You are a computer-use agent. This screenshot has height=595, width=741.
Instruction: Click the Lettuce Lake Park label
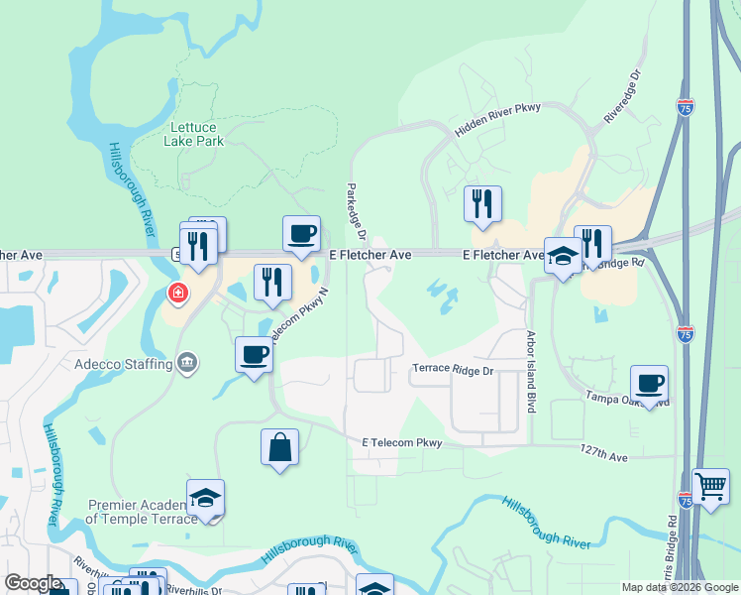click(196, 134)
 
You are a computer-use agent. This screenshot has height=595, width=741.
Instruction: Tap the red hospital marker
click(177, 294)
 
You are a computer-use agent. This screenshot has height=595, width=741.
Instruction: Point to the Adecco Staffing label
click(124, 364)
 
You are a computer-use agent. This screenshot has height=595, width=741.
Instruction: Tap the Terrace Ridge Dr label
click(452, 369)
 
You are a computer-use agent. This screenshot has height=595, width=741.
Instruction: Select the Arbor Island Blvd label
click(531, 386)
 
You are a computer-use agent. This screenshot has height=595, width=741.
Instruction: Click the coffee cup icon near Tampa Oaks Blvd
click(649, 383)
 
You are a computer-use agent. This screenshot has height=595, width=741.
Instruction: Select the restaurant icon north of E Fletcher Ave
click(482, 203)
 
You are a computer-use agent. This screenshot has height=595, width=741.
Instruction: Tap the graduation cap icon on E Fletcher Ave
click(563, 255)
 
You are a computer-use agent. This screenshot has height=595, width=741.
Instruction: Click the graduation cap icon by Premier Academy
click(205, 497)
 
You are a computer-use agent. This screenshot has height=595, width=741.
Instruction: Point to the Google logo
click(33, 583)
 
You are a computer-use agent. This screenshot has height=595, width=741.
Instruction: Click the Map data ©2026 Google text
click(680, 587)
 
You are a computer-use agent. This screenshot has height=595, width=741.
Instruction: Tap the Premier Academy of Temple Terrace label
click(135, 512)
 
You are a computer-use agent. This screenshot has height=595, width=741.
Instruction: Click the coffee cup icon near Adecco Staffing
click(255, 354)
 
